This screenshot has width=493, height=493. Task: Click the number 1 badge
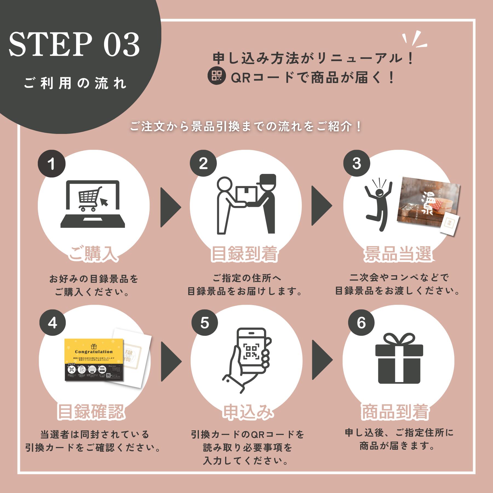51,164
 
